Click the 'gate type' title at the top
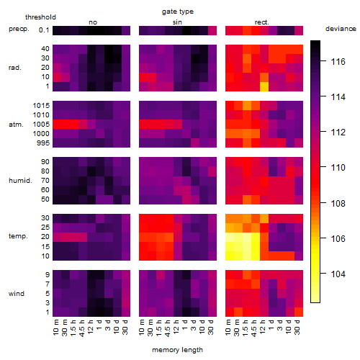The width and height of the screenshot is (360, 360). (178, 12)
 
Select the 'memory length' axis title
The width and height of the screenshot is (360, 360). (177, 350)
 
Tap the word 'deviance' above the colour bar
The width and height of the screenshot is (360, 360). (341, 29)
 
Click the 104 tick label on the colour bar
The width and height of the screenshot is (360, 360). (338, 274)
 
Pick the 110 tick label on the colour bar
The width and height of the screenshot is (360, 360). (338, 167)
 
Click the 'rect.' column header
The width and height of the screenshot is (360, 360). (261, 22)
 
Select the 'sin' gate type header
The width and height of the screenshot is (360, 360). (177, 22)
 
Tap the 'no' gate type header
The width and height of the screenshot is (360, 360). (93, 22)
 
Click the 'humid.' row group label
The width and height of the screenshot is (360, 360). (20, 181)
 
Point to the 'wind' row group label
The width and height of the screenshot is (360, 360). (17, 294)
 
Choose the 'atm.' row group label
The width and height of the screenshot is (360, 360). (16, 125)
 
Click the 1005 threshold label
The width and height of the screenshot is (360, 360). (41, 125)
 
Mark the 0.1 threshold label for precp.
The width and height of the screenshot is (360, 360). (44, 30)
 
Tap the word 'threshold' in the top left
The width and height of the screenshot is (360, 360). (40, 17)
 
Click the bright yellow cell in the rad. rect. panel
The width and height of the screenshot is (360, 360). (264, 86)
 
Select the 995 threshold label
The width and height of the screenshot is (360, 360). (43, 143)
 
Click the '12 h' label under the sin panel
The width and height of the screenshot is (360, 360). (176, 327)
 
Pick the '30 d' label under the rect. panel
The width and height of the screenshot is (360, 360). (297, 327)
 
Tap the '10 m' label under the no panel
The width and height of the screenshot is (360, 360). (55, 328)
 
